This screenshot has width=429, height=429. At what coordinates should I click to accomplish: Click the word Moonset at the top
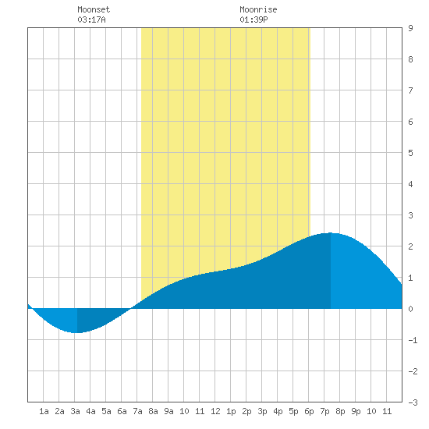point(94,9)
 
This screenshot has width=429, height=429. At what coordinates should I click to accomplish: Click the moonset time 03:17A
point(92,19)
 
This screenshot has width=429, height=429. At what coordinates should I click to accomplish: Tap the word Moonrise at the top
point(258,9)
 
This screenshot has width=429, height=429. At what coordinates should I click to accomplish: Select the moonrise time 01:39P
point(253,19)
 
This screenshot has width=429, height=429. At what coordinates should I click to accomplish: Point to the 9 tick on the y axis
point(410,28)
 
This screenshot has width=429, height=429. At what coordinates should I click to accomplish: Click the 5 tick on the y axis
point(410,153)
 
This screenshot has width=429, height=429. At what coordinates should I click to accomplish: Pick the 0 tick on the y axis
point(410,309)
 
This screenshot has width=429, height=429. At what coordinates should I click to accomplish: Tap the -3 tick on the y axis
point(413,402)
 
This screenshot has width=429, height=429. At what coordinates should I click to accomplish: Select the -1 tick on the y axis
point(413,340)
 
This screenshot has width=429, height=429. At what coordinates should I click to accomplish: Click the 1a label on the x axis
point(44,411)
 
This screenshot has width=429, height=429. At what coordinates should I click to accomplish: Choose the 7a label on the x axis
point(137,411)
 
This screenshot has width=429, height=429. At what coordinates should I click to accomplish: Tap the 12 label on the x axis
point(215,411)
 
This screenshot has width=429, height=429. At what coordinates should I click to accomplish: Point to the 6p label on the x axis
point(309,411)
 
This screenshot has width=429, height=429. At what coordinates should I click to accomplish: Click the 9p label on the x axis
point(356,411)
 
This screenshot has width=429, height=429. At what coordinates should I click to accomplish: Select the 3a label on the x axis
point(75,411)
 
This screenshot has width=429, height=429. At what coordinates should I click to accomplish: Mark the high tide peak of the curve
point(331,233)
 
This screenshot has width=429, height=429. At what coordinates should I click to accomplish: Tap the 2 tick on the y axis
point(410,246)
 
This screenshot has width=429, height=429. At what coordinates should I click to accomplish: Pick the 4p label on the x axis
point(278,411)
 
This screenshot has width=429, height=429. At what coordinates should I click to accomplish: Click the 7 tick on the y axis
point(410,90)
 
